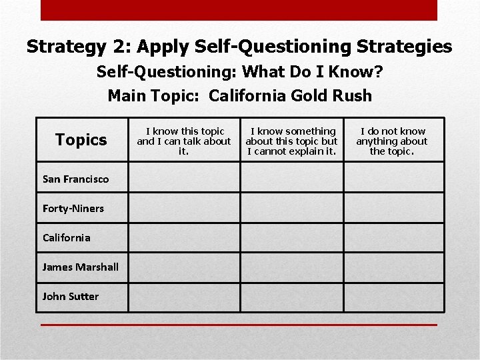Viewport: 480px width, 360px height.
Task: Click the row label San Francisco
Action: tap(75, 179)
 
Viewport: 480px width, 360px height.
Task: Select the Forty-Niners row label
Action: tap(73, 208)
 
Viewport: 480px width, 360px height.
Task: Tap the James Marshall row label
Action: tap(80, 267)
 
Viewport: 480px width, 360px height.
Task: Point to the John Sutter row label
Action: tap(70, 296)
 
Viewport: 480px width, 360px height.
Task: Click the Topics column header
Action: tap(81, 139)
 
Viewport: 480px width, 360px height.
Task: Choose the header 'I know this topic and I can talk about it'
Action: tap(184, 141)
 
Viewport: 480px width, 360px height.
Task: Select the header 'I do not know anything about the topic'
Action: tap(392, 141)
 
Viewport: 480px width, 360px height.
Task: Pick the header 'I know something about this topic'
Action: tap(292, 141)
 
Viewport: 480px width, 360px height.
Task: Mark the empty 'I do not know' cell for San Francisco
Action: tap(394, 178)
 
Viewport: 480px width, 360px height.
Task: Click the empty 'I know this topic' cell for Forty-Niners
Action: tap(184, 208)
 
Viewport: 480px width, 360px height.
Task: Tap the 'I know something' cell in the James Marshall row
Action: tap(292, 267)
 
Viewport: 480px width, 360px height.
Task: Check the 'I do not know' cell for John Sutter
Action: tap(394, 297)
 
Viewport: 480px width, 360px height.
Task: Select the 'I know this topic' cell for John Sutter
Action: tap(184, 297)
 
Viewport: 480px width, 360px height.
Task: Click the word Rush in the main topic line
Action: tap(353, 95)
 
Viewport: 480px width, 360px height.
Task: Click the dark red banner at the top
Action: tap(239, 10)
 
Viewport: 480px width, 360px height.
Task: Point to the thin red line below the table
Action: tap(239, 325)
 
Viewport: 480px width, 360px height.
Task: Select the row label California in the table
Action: tap(66, 237)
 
